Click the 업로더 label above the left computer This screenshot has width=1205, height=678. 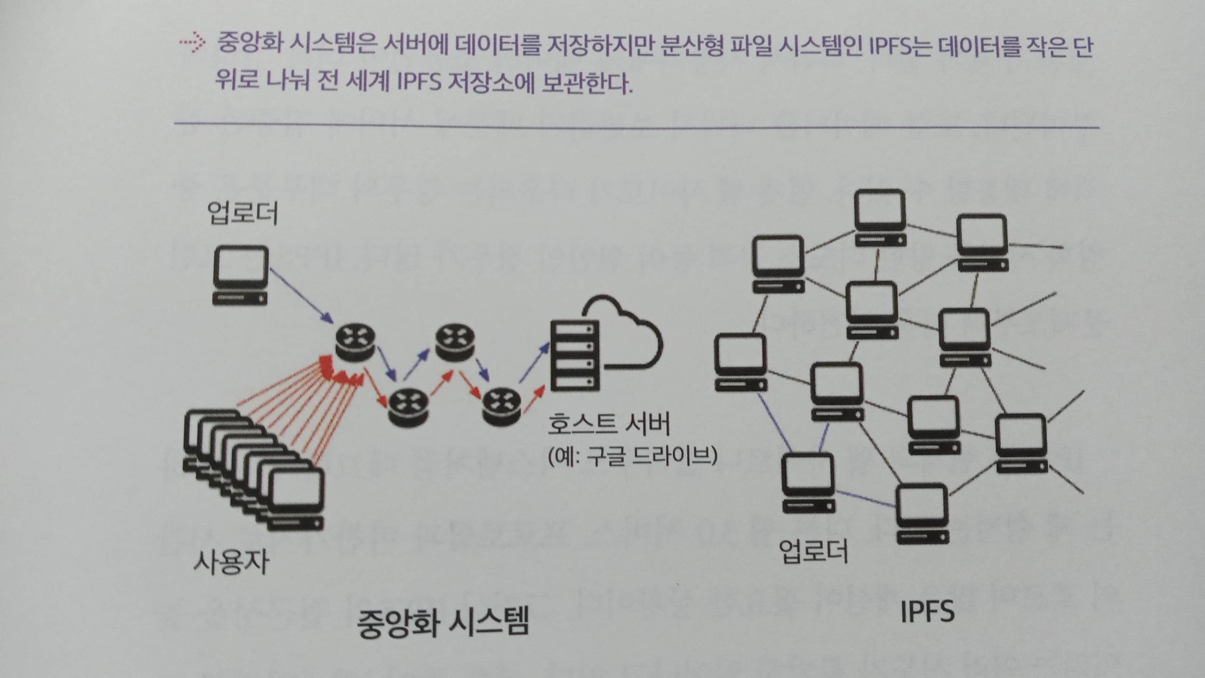click(x=242, y=213)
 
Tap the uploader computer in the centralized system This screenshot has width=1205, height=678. click(x=241, y=275)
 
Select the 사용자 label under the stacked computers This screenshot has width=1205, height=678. click(x=231, y=562)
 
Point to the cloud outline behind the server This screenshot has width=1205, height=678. click(x=626, y=330)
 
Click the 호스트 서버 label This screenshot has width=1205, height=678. click(x=608, y=424)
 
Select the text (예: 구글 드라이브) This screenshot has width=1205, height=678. click(x=632, y=456)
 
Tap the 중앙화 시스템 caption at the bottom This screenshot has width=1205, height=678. click(x=443, y=622)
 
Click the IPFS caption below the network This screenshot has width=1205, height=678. click(x=927, y=612)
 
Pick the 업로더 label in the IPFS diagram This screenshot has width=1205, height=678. click(x=814, y=551)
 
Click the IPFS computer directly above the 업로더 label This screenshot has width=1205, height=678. click(x=808, y=483)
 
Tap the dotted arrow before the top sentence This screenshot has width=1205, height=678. click(x=192, y=43)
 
